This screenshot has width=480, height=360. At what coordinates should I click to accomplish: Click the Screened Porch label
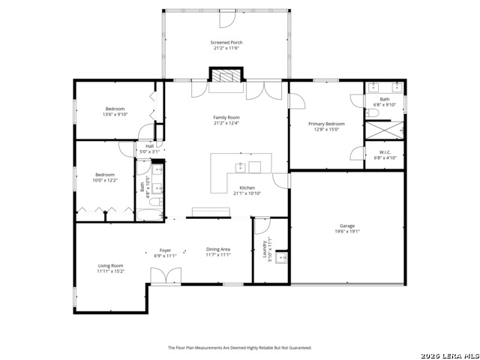pyautogui.click(x=226, y=43)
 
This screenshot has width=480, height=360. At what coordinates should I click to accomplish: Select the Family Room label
pyautogui.click(x=226, y=118)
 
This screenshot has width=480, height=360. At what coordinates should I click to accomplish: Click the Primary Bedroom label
pyautogui.click(x=326, y=124)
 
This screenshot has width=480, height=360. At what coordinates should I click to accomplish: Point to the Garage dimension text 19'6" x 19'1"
pyautogui.click(x=346, y=232)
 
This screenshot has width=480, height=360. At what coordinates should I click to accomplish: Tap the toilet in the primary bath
pyautogui.click(x=373, y=112)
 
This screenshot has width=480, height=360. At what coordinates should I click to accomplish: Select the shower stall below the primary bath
pyautogui.click(x=384, y=130)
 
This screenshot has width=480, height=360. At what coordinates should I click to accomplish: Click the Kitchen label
pyautogui.click(x=247, y=187)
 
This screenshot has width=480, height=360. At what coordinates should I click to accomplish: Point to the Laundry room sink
pyautogui.click(x=282, y=259)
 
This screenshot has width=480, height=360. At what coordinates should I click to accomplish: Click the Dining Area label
pyautogui.click(x=218, y=249)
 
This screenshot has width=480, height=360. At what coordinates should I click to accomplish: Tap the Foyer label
pyautogui.click(x=165, y=250)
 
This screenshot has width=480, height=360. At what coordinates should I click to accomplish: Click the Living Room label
pyautogui.click(x=110, y=265)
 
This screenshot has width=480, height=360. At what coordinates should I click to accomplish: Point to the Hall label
pyautogui.click(x=149, y=146)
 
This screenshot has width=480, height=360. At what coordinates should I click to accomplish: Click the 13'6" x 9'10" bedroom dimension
pyautogui.click(x=115, y=115)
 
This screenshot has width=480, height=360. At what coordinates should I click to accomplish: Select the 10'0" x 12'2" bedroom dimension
pyautogui.click(x=105, y=180)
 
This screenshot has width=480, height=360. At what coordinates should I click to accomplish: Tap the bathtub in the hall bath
pyautogui.click(x=150, y=215)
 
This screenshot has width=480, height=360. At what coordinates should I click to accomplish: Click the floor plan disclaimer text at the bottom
pyautogui.click(x=239, y=347)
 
